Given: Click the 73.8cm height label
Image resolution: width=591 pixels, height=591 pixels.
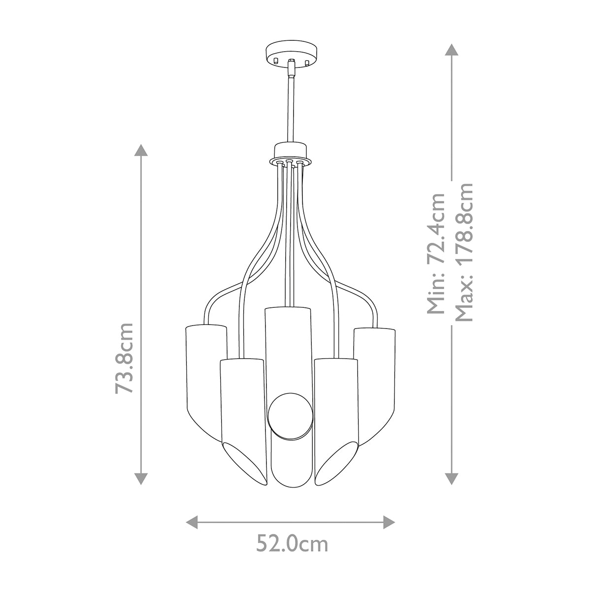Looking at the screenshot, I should (x=125, y=358).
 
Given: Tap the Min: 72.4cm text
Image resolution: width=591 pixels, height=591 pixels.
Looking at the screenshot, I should (x=436, y=253).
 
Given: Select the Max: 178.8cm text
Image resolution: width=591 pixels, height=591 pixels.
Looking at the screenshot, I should (x=463, y=252).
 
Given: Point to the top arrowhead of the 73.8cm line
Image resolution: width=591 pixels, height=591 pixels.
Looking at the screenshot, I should (x=141, y=151).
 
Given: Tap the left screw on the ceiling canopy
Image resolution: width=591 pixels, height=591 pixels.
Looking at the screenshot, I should (x=276, y=61).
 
